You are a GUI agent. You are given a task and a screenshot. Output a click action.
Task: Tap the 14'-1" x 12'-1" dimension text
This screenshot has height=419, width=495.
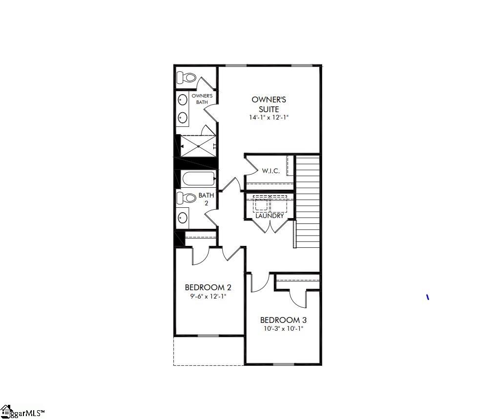coord(269,118)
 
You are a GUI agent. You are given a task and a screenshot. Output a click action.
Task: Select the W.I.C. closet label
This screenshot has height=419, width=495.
coord(270,171)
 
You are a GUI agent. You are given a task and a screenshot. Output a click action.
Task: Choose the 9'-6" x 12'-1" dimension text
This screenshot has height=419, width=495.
coord(208,296)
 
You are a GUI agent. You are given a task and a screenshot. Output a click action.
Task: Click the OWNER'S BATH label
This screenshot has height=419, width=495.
coord(202,99)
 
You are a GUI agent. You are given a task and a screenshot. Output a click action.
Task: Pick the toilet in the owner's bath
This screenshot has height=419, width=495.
coord(186,77)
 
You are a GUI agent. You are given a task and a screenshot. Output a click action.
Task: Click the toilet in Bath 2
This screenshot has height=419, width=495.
coord(186,198)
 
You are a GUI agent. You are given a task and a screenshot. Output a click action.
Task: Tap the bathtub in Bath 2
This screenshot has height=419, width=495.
coord(198,179)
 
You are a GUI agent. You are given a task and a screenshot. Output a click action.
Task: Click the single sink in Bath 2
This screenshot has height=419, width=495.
coord(183,217)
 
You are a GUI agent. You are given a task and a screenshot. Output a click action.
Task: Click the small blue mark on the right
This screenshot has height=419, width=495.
coord(428,297)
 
